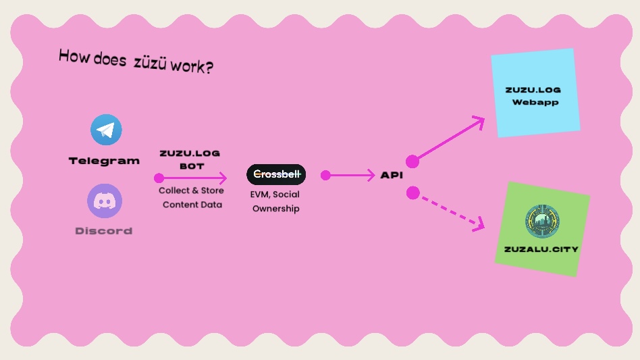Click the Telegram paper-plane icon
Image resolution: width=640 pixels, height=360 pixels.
click(x=106, y=130)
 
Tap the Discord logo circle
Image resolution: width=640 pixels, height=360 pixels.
click(x=105, y=201)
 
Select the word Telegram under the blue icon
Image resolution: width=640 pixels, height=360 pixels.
click(x=104, y=161)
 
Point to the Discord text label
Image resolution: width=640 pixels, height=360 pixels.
click(x=104, y=231)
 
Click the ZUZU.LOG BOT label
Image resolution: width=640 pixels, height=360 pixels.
click(x=190, y=159)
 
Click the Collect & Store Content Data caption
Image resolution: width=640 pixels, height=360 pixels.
click(x=192, y=197)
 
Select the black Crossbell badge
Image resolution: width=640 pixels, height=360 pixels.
click(x=276, y=174)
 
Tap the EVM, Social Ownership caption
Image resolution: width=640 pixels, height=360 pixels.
click(x=275, y=201)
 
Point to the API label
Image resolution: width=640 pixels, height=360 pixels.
click(x=392, y=175)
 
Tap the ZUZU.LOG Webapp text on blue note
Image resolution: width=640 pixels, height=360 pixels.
click(x=533, y=96)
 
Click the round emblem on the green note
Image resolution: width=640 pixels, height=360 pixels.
click(x=542, y=222)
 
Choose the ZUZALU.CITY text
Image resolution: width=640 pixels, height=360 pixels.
click(x=541, y=249)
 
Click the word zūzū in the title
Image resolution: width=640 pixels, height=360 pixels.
click(x=150, y=63)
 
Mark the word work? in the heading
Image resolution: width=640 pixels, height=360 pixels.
click(x=192, y=66)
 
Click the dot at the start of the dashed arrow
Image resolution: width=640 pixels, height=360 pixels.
click(x=413, y=192)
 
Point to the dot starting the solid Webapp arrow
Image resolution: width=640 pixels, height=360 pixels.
click(x=412, y=161)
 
